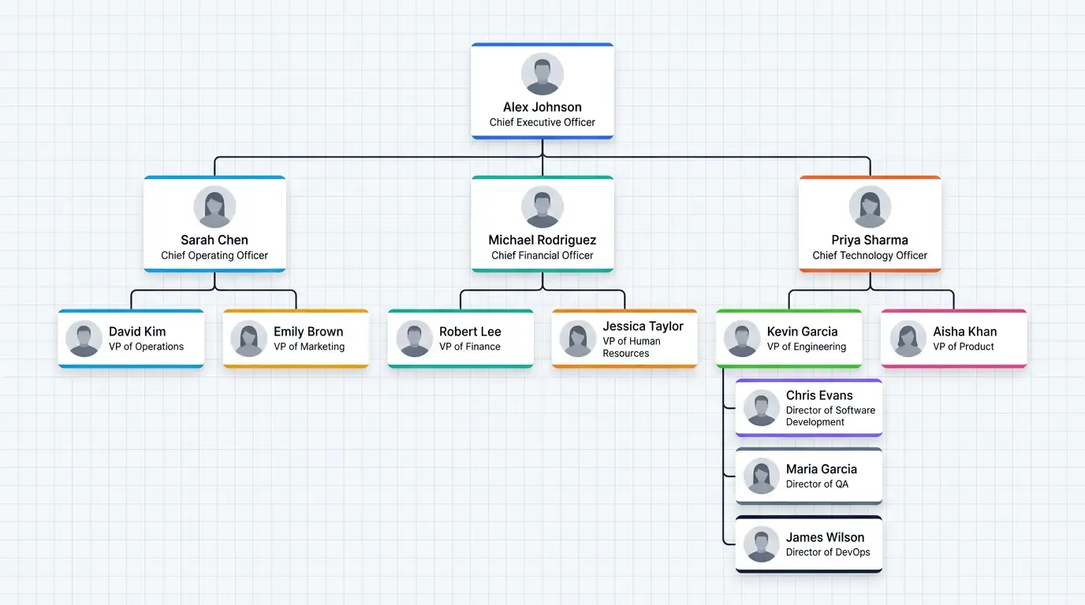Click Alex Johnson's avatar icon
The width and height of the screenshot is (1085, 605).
coord(542,74)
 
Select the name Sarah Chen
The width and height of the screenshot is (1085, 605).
coord(214,240)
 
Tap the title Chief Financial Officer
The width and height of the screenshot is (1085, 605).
coord(542,255)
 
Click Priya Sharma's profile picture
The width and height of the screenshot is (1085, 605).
coord(870,206)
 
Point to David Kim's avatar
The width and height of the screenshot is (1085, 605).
coord(84,338)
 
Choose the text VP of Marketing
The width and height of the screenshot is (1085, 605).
coord(309,347)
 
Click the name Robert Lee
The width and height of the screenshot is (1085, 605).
coord(470,332)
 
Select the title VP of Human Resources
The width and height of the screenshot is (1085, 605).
coord(631,347)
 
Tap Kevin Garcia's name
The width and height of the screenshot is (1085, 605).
coord(802,332)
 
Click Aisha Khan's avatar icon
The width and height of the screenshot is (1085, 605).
coord(908,338)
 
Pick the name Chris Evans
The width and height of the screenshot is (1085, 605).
coord(819,395)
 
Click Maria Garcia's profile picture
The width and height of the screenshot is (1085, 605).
coord(761,477)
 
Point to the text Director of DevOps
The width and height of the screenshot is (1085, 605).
coord(828,552)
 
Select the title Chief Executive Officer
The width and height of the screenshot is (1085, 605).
coord(542,122)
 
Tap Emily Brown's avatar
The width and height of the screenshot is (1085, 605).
coord(248,338)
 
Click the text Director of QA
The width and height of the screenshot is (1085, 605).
coord(817,484)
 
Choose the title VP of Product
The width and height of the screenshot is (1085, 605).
coord(963,347)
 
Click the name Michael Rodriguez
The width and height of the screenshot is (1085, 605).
coord(542,240)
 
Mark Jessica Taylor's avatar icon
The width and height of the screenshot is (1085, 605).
coord(577,338)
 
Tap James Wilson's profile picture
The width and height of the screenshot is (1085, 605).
coord(761,544)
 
